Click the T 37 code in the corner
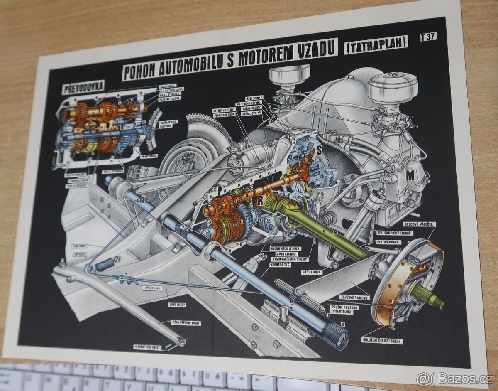click(428, 37)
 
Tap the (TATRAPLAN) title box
click(376, 44)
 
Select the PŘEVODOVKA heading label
click(83, 88)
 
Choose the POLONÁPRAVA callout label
click(388, 241)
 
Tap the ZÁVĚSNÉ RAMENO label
click(343, 297)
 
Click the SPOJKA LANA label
click(152, 288)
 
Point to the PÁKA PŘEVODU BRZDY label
click(186, 322)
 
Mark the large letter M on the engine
click(410, 176)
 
